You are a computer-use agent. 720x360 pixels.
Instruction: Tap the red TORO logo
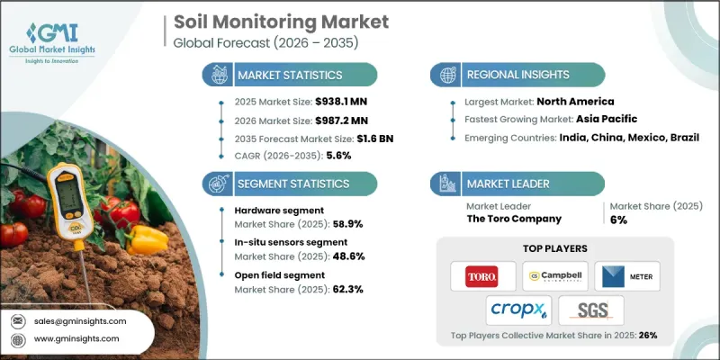pyautogui.click(x=484, y=274)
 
